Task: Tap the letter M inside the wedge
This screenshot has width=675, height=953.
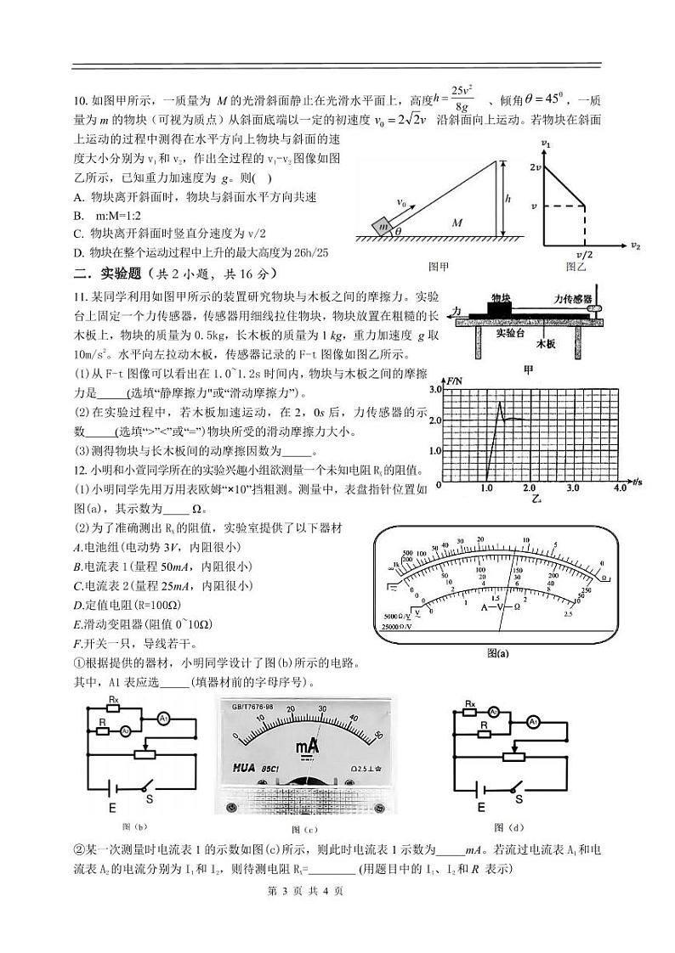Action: [x=457, y=223]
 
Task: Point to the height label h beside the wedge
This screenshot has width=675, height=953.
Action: [x=508, y=198]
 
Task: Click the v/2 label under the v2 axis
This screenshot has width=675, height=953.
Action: [x=584, y=254]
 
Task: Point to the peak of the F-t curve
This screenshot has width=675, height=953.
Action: [x=501, y=402]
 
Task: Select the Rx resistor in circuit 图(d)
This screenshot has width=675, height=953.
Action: [x=470, y=704]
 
